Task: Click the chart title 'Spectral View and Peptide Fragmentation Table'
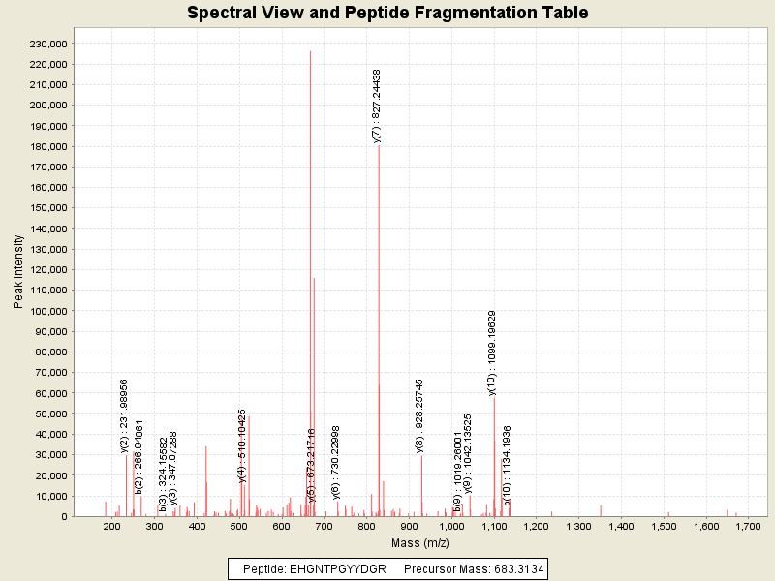[387, 13]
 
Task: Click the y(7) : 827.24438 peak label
[377, 107]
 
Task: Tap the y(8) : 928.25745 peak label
[419, 415]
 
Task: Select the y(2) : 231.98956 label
[124, 415]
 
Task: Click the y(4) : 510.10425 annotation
[242, 445]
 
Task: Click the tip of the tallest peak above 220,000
[310, 51]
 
